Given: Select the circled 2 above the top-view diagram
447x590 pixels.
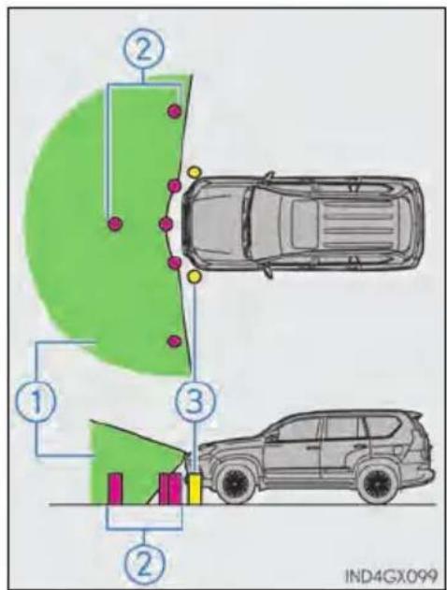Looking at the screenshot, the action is point(143,51).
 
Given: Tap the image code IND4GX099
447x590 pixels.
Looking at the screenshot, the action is point(391,575).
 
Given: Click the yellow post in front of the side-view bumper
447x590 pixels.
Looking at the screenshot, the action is point(195,489).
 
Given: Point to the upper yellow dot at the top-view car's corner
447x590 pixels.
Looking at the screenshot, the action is point(195,172).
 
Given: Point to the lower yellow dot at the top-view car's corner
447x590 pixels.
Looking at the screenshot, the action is point(195,276).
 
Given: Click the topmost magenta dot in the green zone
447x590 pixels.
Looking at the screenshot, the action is point(175,111).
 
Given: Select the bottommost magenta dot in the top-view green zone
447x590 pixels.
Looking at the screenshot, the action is point(174,341).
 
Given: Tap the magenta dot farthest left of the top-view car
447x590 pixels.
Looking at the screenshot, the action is point(115,223).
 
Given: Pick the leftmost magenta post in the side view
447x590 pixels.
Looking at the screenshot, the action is point(115,489).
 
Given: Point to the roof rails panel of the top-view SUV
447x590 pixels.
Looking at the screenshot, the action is point(353,223).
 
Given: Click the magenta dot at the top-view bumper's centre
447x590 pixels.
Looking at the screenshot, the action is point(166,223).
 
